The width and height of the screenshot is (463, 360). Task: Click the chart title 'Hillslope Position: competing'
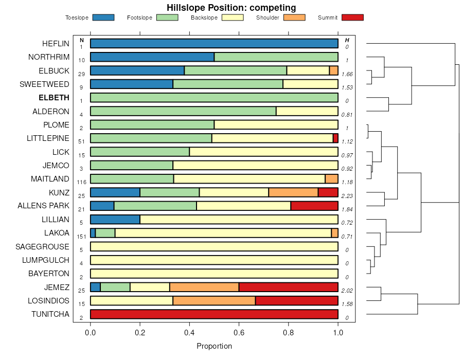tap(231, 8)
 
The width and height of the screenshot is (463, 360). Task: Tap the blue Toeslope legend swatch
tap(103, 17)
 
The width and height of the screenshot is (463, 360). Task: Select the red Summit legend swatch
tap(352, 17)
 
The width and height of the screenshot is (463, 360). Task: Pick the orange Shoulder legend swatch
tap(294, 17)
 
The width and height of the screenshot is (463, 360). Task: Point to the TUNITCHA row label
tap(50, 314)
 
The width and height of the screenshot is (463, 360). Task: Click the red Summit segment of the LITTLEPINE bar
tap(335, 138)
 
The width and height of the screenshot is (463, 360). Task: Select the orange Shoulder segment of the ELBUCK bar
tap(334, 70)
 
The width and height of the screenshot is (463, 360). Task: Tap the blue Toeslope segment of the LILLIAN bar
tap(115, 220)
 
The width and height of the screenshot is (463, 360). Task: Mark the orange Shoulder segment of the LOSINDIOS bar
tap(214, 301)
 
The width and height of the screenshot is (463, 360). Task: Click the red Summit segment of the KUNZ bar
tap(328, 192)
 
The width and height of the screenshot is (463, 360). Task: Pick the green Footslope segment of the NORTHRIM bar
tap(276, 57)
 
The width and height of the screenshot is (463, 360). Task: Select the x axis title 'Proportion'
tap(214, 346)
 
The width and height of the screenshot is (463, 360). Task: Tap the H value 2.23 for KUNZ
tap(347, 196)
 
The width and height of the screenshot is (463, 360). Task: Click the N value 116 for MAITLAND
tap(81, 183)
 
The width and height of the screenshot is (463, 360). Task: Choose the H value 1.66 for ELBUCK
tap(347, 74)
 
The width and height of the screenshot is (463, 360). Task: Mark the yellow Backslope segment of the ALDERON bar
tap(307, 111)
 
